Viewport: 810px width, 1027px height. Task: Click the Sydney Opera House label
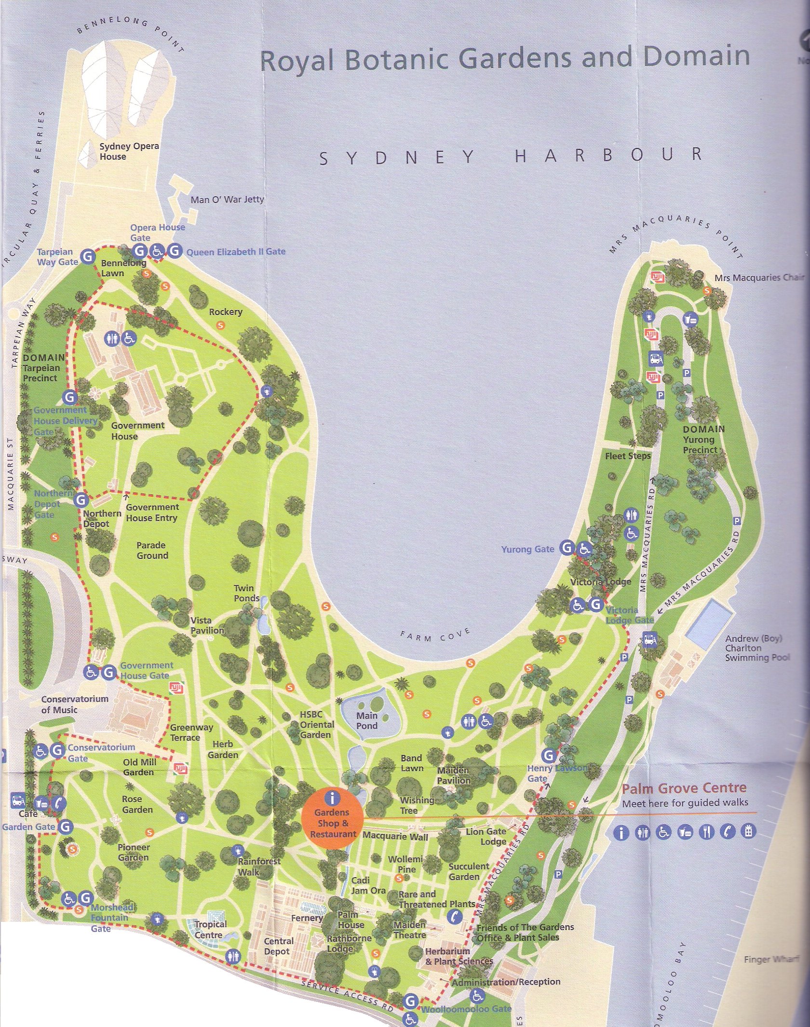coord(129,151)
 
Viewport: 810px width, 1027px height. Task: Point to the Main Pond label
coord(367,720)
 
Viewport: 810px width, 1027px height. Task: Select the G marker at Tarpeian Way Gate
coord(87,256)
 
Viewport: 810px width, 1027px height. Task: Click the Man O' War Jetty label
coord(227,200)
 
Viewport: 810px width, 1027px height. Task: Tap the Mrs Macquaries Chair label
coord(759,278)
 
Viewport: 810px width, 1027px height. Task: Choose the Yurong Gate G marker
coord(567,548)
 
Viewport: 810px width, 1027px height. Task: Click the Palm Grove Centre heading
coord(684,788)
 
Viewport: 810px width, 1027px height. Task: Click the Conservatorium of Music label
coord(74,704)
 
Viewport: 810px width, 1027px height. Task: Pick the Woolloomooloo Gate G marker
coord(411,1001)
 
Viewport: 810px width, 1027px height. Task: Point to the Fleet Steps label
coord(628,456)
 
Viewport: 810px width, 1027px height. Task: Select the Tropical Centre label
coord(210,929)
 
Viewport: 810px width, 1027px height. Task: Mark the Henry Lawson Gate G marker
coord(549,755)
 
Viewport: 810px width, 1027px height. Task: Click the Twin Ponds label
coord(246,593)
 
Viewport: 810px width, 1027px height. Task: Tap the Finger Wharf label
coord(771,959)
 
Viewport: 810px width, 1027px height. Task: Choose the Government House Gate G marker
coord(109,672)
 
